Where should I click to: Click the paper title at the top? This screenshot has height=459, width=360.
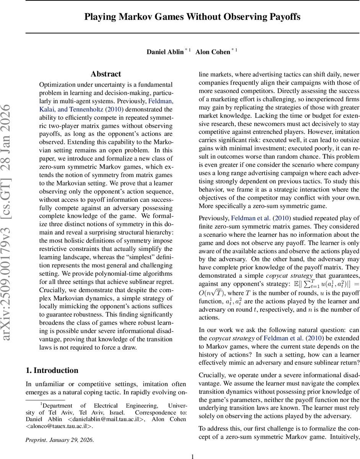click(192, 17)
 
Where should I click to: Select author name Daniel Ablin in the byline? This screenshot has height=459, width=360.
click(165, 52)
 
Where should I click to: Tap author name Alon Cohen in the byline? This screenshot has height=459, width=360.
click(212, 52)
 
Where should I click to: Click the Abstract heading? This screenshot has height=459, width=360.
click(106, 74)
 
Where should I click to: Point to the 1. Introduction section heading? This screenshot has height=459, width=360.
click(52, 370)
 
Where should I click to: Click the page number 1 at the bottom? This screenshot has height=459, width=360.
click(192, 456)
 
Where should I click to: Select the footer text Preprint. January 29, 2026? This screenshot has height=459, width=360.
click(59, 440)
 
